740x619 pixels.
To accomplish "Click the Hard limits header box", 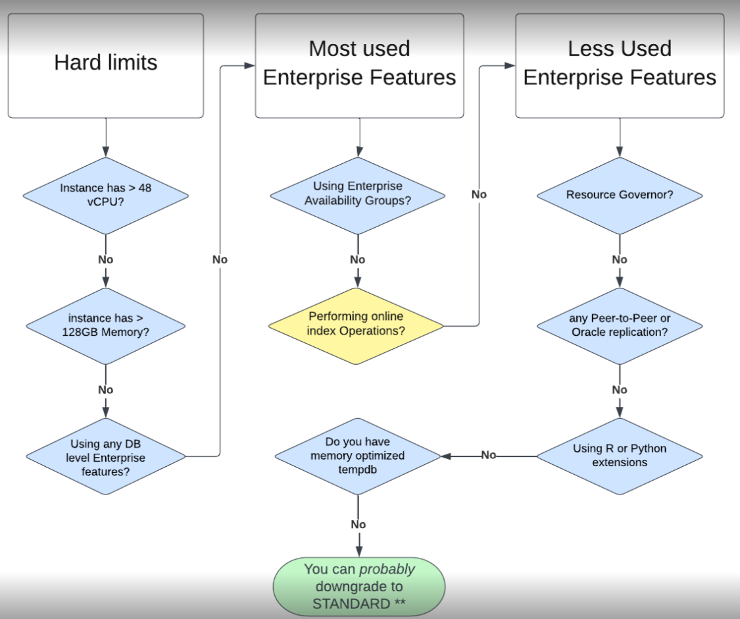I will coord(105,66).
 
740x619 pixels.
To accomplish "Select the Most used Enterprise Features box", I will coord(359,66).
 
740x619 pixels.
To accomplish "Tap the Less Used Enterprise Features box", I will coord(619,66).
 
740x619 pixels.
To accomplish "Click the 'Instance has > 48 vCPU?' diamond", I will coord(105,196).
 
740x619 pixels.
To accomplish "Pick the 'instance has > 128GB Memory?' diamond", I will coord(105,326).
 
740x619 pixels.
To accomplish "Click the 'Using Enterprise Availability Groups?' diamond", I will coord(357,196).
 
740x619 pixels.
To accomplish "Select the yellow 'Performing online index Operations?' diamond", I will coord(356,325).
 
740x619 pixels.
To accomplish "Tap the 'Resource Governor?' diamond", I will coord(619,196).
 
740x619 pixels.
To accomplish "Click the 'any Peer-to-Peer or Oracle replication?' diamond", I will coord(619,325).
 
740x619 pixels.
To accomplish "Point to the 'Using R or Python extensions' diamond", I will coord(619,456).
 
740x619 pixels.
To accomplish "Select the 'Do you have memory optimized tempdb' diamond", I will coord(357,456).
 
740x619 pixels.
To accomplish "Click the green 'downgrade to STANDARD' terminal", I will coord(358,586).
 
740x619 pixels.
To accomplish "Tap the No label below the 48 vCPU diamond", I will coord(105,259).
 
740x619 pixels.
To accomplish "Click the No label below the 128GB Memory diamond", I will coord(105,390).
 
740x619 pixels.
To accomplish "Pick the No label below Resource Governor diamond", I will coord(619,259).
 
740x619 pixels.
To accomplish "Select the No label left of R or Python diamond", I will coord(488,455).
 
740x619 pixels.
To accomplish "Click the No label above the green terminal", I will coord(358,525).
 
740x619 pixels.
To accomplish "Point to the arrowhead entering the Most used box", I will coord(250,66).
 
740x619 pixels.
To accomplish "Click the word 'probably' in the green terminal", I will coord(387,569).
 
